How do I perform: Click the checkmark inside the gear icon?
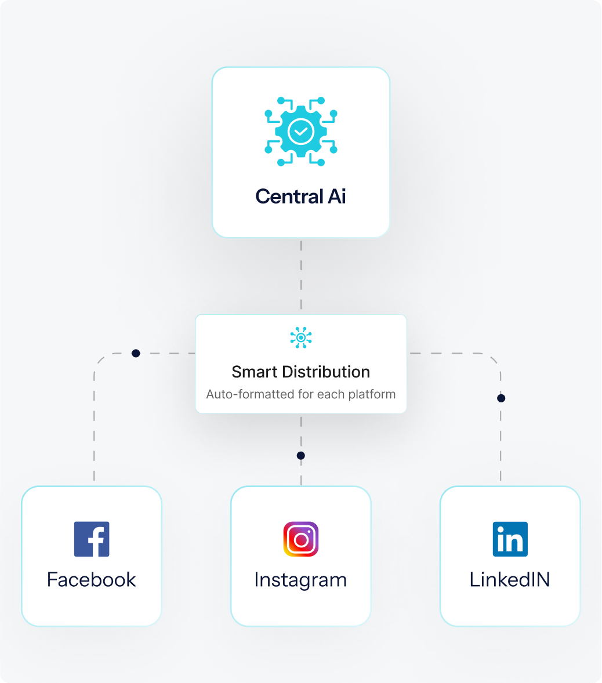click(301, 132)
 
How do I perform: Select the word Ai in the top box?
click(336, 197)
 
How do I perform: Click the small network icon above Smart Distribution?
click(301, 337)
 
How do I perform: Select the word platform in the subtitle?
click(372, 394)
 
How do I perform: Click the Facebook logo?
click(92, 539)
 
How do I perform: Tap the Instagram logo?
click(301, 539)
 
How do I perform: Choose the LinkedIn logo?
click(510, 539)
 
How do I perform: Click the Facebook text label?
click(92, 580)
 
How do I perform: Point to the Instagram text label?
click(300, 580)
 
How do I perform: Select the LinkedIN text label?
click(510, 580)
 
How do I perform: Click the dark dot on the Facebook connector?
click(136, 353)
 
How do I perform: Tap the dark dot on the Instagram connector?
click(300, 456)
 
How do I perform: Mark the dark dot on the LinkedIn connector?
click(501, 398)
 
